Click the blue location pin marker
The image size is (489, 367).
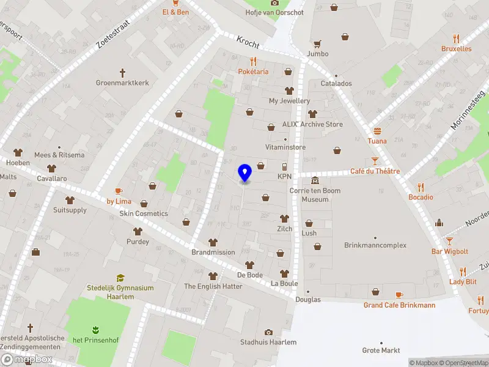pyautogui.click(x=245, y=173)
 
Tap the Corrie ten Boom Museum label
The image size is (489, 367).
pyautogui.click(x=315, y=195)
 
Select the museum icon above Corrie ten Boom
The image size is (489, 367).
pyautogui.click(x=315, y=180)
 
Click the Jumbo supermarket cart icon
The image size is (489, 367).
pyautogui.click(x=317, y=44)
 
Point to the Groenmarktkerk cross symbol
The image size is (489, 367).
pyautogui.click(x=122, y=72)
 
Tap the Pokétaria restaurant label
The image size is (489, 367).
pyautogui.click(x=253, y=72)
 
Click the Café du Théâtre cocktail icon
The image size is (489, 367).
pyautogui.click(x=375, y=161)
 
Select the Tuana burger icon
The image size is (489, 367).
pyautogui.click(x=377, y=131)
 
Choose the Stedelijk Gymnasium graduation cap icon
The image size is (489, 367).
pyautogui.click(x=120, y=278)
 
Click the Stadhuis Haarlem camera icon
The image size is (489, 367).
pyautogui.click(x=268, y=332)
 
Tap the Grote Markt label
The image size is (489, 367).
pyautogui.click(x=381, y=350)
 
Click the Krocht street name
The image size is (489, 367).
pyautogui.click(x=248, y=42)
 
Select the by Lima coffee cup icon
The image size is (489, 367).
pyautogui.click(x=119, y=191)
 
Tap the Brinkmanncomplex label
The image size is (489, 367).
pyautogui.click(x=375, y=245)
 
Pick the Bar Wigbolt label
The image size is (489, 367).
pyautogui.click(x=450, y=251)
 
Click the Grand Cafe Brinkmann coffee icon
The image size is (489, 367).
pyautogui.click(x=399, y=295)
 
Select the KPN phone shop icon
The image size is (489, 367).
pyautogui.click(x=284, y=167)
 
